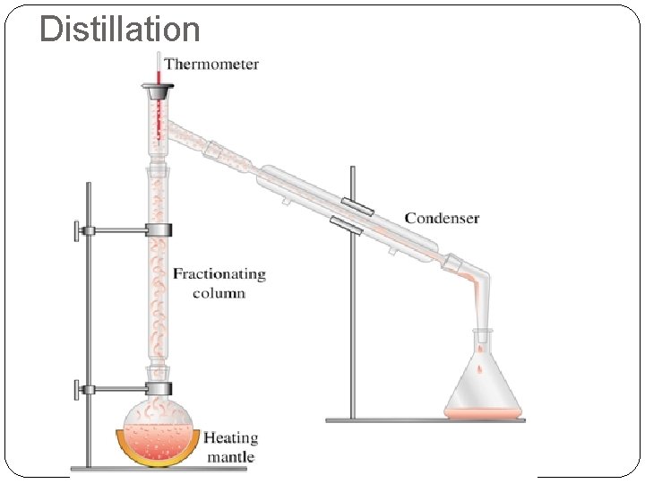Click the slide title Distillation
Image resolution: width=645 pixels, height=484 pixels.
pos(120,29)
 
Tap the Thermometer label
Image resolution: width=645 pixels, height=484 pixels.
pos(211,65)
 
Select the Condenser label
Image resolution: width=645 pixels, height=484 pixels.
pos(442,218)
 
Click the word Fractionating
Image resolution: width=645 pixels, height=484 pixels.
pos(219,274)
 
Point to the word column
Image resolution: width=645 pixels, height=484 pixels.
pos(219,293)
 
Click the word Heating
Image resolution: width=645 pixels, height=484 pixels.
pos(230,438)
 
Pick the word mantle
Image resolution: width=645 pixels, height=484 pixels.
pos(231,457)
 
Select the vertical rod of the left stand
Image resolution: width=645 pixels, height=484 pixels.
pos(89,323)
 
